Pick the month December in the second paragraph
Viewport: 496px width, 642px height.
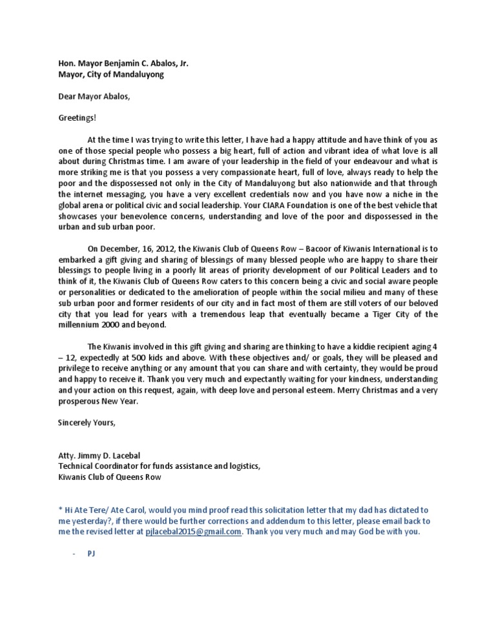point(121,248)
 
